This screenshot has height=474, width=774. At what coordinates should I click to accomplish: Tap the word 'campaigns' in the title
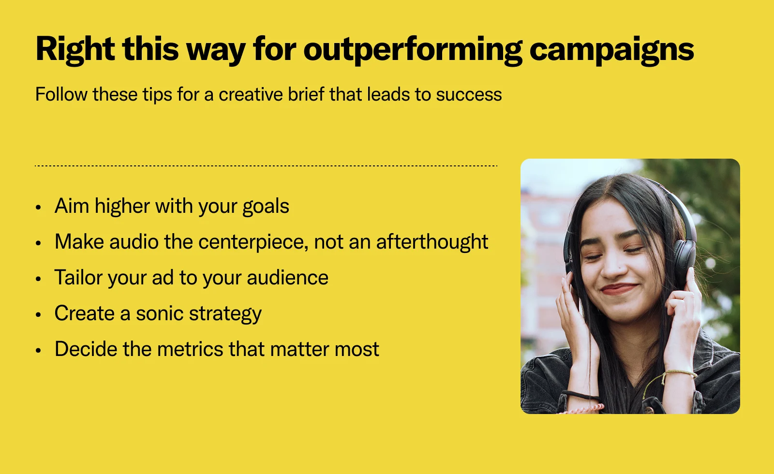[611, 51]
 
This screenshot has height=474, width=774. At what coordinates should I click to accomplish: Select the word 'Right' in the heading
[75, 49]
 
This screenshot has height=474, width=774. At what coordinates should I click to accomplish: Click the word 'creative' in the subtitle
[251, 94]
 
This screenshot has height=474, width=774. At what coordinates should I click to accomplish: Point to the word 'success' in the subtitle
[469, 95]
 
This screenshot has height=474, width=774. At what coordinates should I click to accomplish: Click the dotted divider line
[266, 166]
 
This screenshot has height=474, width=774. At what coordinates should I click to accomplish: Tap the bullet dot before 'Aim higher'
[38, 207]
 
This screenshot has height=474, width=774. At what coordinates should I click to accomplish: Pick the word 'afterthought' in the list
[432, 241]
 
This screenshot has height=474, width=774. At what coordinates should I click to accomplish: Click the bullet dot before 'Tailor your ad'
[38, 279]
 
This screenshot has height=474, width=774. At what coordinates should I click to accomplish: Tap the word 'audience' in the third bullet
[287, 278]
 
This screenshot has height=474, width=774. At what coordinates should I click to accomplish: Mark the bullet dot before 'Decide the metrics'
[38, 350]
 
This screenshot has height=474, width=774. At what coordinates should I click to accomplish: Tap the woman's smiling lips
[619, 288]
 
